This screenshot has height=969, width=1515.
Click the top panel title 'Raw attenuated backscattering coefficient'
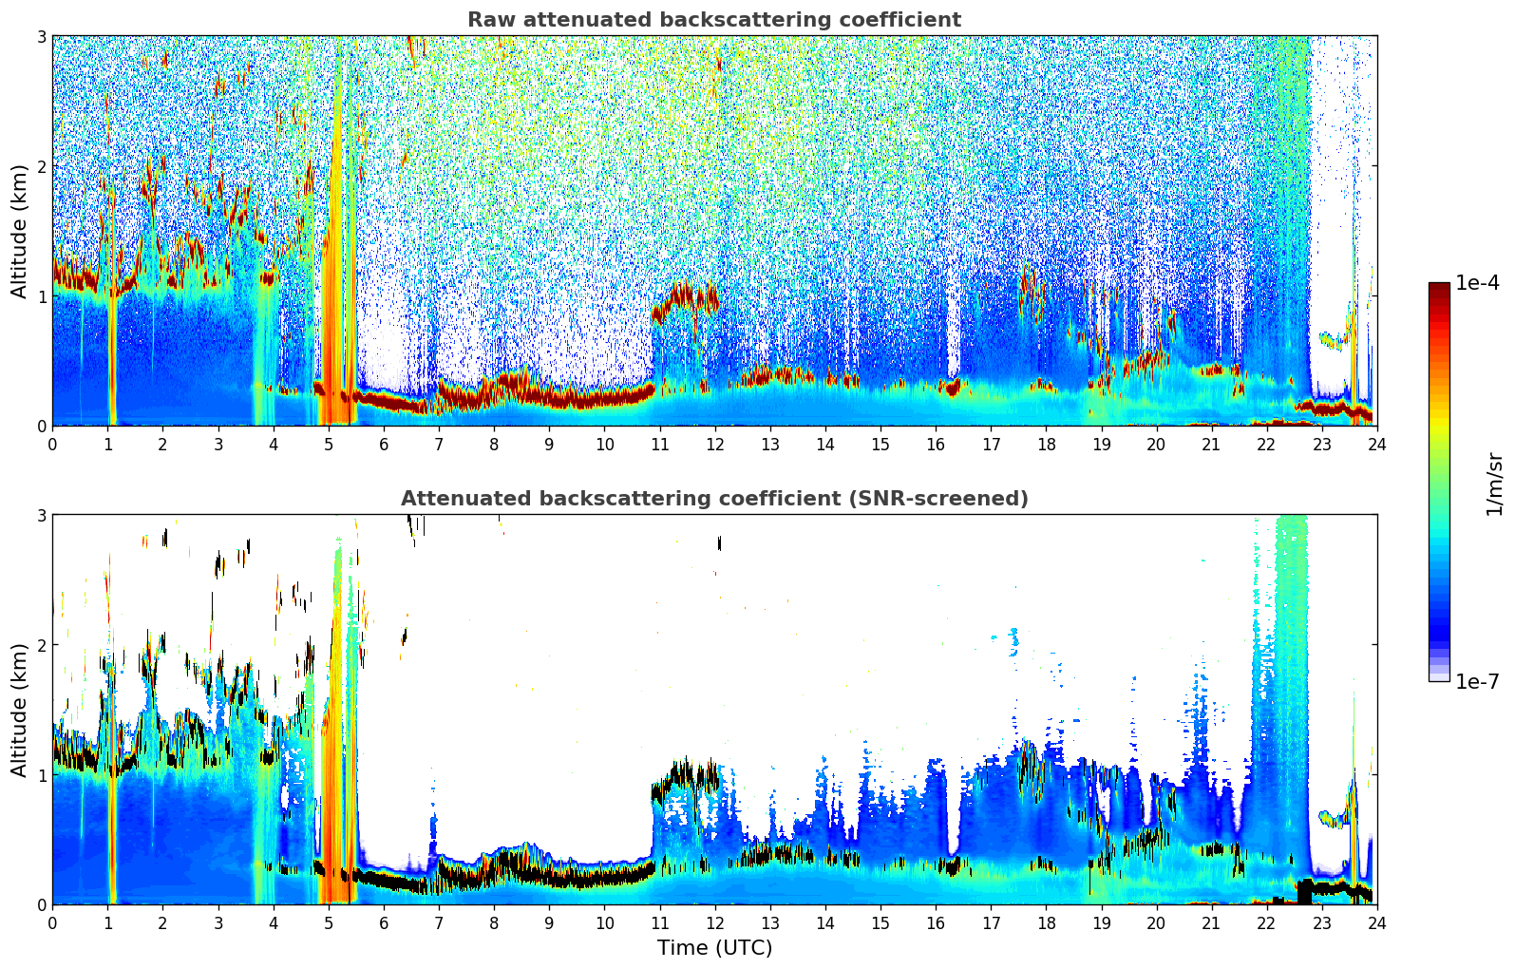click(713, 20)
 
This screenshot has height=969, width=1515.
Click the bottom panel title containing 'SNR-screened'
click(713, 499)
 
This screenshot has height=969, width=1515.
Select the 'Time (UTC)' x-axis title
click(714, 948)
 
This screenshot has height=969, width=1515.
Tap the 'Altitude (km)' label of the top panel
click(20, 231)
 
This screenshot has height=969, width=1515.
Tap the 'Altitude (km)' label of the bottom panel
click(20, 710)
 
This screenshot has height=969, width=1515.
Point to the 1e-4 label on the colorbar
click(1477, 283)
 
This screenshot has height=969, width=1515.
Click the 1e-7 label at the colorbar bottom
click(1477, 681)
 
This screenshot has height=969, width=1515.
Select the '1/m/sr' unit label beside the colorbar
click(1494, 484)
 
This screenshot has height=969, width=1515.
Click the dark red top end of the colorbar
click(1439, 288)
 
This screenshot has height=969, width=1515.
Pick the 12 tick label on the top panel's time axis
click(714, 444)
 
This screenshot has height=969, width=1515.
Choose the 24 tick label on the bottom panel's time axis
click(1376, 922)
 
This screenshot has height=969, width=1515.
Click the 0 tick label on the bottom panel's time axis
click(52, 922)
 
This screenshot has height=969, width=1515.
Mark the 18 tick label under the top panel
click(1046, 444)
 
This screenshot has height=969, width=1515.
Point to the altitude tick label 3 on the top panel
click(41, 36)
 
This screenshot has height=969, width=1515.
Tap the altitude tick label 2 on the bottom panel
click(41, 645)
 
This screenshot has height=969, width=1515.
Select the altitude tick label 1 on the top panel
click(41, 296)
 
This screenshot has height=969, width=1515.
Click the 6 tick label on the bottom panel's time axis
click(384, 922)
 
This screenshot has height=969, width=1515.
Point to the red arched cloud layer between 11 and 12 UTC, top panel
click(684, 295)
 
